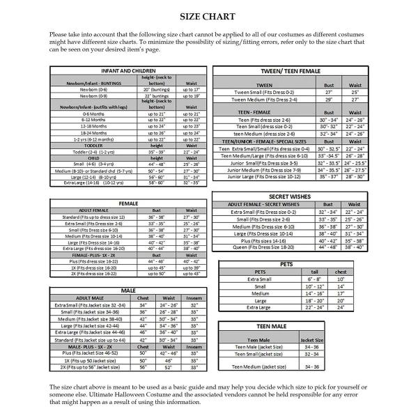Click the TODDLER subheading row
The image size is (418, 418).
point(93,145)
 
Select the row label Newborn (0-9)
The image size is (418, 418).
point(93,95)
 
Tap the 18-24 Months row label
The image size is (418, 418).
point(93,132)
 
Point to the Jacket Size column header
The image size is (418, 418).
point(311,339)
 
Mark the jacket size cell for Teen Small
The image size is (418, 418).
point(311,353)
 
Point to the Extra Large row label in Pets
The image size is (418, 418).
point(259,307)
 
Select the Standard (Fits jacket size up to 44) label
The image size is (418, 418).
point(94,340)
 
